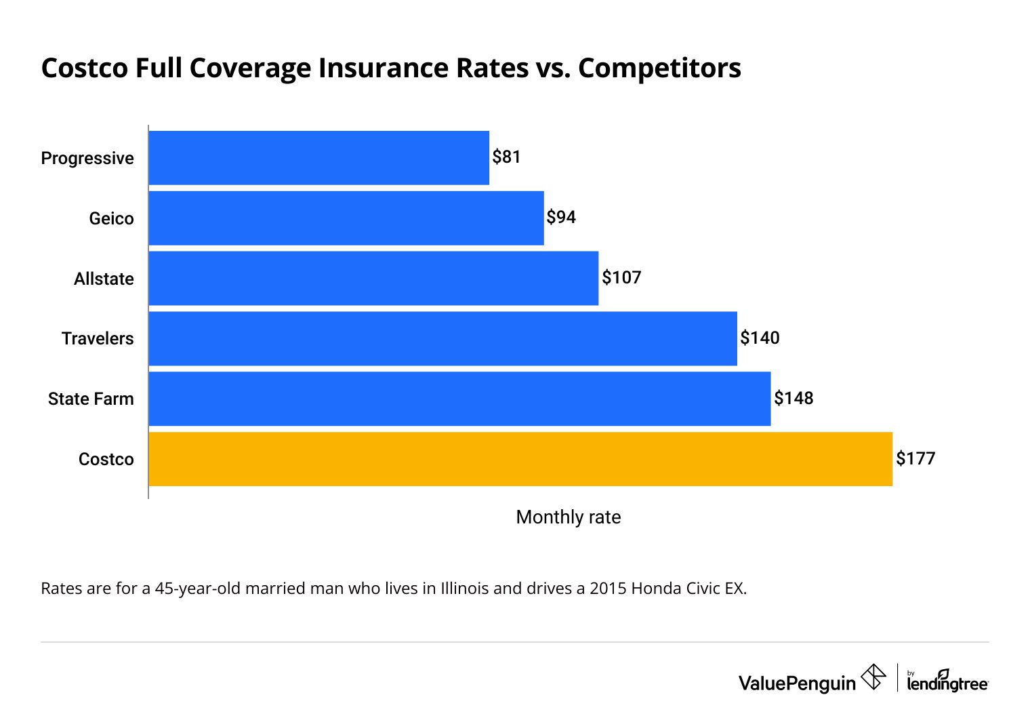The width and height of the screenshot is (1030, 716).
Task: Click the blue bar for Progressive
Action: click(318, 158)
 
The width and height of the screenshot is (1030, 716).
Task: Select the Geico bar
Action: click(346, 218)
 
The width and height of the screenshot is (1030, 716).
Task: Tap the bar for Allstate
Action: click(373, 279)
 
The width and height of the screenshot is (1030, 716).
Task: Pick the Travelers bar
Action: click(442, 338)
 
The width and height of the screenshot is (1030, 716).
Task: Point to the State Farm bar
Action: click(459, 399)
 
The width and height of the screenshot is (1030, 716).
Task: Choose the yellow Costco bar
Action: click(520, 459)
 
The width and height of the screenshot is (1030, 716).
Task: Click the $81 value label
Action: click(506, 157)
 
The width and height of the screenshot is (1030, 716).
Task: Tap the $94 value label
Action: click(561, 218)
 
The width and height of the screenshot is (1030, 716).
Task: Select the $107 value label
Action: click(621, 278)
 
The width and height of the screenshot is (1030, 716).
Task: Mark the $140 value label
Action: click(760, 338)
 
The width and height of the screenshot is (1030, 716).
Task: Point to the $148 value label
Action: click(794, 398)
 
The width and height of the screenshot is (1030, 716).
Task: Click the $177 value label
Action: click(915, 458)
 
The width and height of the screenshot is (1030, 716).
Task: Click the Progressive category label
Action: click(87, 158)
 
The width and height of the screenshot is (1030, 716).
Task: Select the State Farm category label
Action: click(91, 399)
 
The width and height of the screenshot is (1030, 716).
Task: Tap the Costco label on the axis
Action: click(106, 459)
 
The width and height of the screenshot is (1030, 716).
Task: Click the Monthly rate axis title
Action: click(568, 517)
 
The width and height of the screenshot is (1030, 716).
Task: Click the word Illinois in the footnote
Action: click(464, 589)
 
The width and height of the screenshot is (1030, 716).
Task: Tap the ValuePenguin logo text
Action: click(797, 683)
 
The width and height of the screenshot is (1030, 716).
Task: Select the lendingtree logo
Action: click(947, 683)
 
